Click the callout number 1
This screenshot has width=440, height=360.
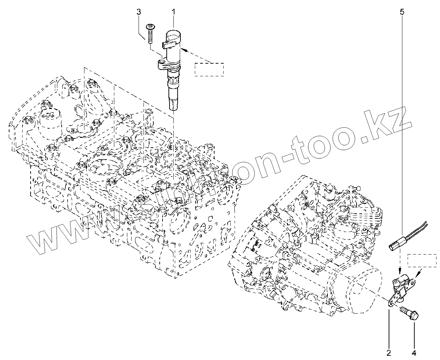point(173,12)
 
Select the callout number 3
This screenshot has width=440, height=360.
point(139,12)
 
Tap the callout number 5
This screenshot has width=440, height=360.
point(402,12)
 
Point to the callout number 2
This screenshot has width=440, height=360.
point(389,352)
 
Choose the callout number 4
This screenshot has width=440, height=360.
point(414,352)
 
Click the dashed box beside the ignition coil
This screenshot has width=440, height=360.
point(209,69)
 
